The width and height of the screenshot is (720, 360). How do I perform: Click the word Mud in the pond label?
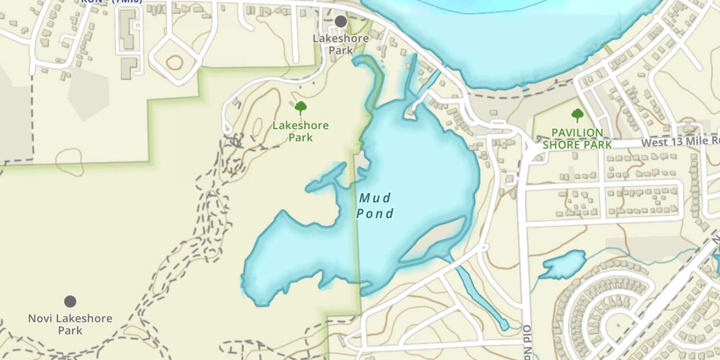pyautogui.click(x=375, y=197)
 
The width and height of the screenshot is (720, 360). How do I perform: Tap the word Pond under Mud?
pyautogui.click(x=375, y=213)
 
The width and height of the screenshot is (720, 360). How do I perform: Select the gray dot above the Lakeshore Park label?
pyautogui.click(x=341, y=21)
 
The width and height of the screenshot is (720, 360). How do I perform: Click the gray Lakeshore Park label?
pyautogui.click(x=341, y=44)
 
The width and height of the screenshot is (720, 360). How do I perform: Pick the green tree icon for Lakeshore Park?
pyautogui.click(x=300, y=108)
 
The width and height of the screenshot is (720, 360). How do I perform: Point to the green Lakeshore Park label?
pyautogui.click(x=300, y=132)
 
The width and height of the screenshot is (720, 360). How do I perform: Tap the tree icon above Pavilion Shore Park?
pyautogui.click(x=577, y=115)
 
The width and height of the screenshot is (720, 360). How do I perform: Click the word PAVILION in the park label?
pyautogui.click(x=577, y=132)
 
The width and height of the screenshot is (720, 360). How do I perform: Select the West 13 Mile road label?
pyautogui.click(x=680, y=142)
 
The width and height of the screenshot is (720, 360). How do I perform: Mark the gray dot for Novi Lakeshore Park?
pyautogui.click(x=70, y=301)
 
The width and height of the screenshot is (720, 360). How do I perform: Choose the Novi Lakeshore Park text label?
pyautogui.click(x=70, y=324)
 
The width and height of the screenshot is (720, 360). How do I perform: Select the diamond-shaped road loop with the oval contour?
pyautogui.click(x=174, y=62)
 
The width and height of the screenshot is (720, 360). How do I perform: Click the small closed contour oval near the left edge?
pyautogui.click(x=70, y=161)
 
